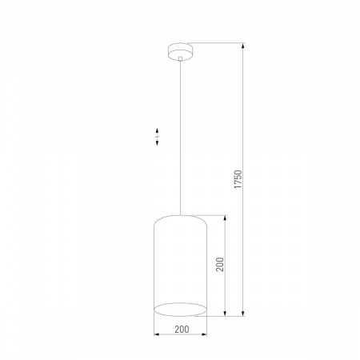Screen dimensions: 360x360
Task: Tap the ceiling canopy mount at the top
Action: point(181,49)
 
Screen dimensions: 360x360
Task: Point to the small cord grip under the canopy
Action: point(181,58)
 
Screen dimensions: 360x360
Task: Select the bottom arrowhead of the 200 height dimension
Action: point(225,311)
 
